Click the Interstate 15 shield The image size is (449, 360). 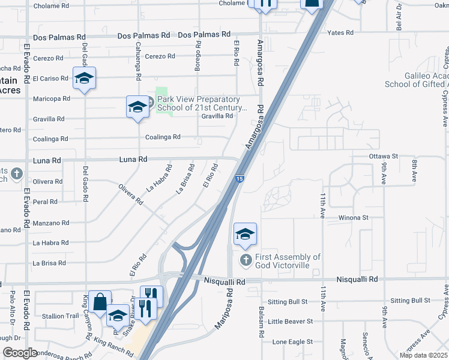[x=240, y=178]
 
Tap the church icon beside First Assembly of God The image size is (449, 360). [x=245, y=260]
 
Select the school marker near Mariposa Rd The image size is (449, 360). [x=245, y=235]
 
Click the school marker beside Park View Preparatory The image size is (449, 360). [x=137, y=108]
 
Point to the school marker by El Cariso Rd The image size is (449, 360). [x=84, y=79]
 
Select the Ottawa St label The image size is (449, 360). [x=384, y=156]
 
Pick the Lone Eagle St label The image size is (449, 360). [x=292, y=342]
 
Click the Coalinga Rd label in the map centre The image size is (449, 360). [x=163, y=137]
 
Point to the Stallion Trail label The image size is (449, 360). [x=64, y=316]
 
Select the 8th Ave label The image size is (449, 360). [x=414, y=170]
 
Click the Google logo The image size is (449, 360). [x=20, y=353]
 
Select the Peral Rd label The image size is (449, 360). [x=45, y=202]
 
